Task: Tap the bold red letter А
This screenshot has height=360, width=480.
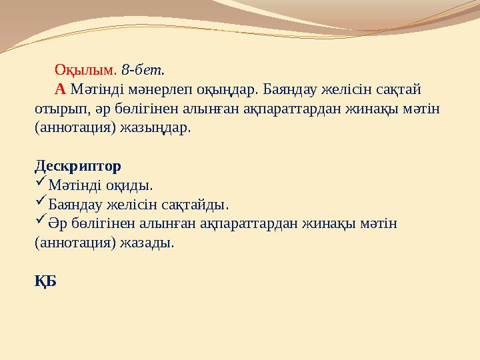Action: tap(60, 89)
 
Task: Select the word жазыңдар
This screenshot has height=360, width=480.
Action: tap(155, 127)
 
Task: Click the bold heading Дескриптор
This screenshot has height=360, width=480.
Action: tap(77, 165)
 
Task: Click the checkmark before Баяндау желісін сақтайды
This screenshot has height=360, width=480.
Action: tap(40, 202)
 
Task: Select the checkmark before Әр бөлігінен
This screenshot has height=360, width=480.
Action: tap(40, 221)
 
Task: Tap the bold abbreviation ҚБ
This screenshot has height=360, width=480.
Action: tap(45, 281)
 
